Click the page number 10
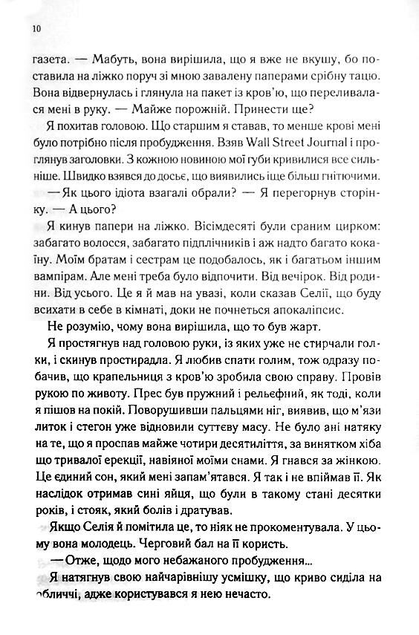36,29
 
